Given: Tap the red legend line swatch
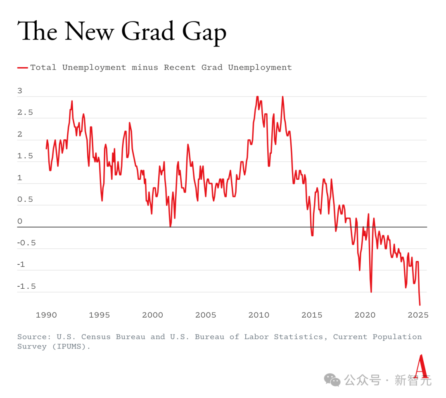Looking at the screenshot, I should click(x=23, y=68).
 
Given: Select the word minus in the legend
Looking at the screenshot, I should click(x=145, y=68).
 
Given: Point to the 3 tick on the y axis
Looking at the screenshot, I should click(x=20, y=91).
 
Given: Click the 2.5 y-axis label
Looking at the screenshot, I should click(x=24, y=113).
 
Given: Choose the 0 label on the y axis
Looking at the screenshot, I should click(x=20, y=221).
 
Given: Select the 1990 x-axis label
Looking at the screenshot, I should click(x=46, y=316).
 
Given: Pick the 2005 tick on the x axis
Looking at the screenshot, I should click(x=205, y=316).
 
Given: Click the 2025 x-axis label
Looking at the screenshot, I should click(x=418, y=316).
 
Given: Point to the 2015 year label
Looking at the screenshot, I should click(x=311, y=316).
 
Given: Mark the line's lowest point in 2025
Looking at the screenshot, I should click(x=420, y=305).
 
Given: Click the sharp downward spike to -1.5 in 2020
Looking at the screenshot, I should click(x=371, y=292).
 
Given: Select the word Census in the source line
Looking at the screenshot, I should click(x=96, y=337).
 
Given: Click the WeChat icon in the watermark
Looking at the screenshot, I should click(x=332, y=379).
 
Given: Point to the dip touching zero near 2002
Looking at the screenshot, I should click(x=170, y=226).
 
